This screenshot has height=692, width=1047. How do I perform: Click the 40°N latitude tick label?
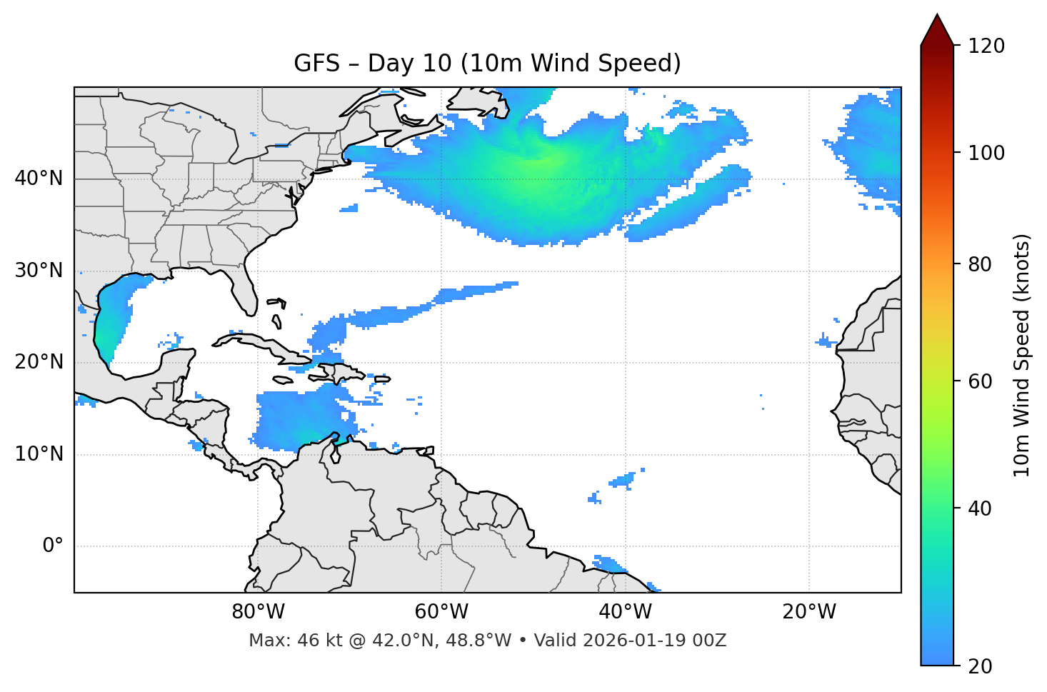39,179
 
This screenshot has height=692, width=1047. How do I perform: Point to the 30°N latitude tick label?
39,271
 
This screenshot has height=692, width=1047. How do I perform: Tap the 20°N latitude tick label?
39,362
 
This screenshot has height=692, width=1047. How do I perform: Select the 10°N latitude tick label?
39,454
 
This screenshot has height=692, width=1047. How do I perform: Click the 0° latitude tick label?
53,546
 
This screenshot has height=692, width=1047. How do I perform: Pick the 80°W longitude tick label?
258,612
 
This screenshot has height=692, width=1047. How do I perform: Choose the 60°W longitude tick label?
441,612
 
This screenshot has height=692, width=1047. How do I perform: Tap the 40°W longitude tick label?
626,612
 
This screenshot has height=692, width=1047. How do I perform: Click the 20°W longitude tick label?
809,612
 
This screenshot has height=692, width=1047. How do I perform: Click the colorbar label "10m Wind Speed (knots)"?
1022,355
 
